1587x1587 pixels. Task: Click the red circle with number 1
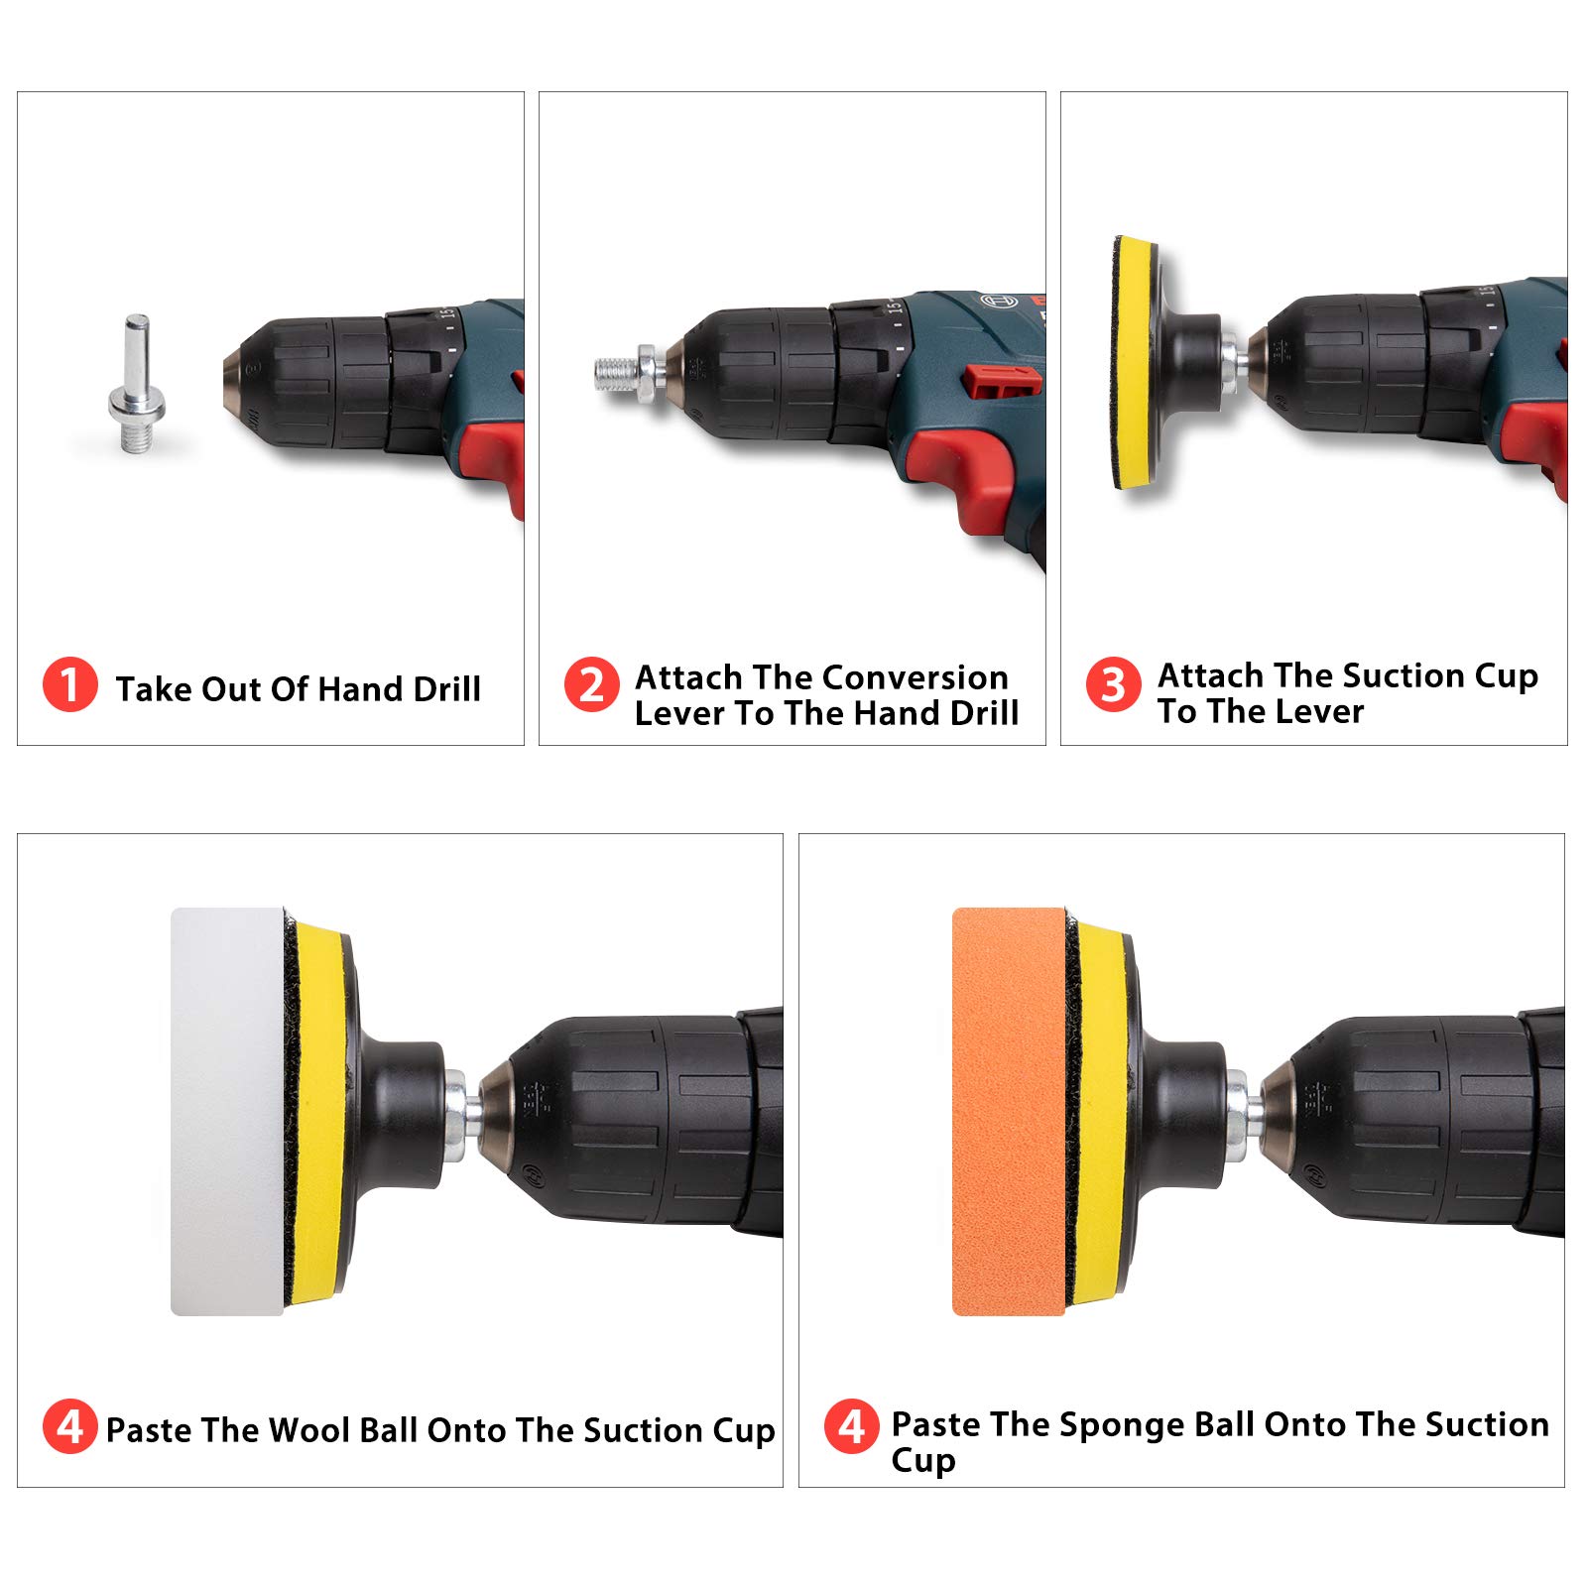pyautogui.click(x=69, y=684)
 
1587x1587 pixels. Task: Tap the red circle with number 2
pyautogui.click(x=591, y=684)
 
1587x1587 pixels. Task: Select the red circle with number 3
pyautogui.click(x=1113, y=684)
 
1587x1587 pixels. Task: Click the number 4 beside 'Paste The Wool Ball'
pyautogui.click(x=69, y=1426)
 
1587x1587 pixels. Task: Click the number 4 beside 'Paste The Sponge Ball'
pyautogui.click(x=851, y=1426)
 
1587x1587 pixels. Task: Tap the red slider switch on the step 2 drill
pyautogui.click(x=1002, y=379)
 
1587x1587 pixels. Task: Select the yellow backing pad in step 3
pyautogui.click(x=1134, y=363)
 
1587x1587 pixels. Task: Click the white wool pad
pyautogui.click(x=227, y=1111)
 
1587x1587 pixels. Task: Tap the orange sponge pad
pyautogui.click(x=1008, y=1111)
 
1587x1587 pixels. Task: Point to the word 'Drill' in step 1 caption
pyautogui.click(x=446, y=688)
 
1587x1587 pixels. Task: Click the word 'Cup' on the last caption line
pyautogui.click(x=922, y=1461)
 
